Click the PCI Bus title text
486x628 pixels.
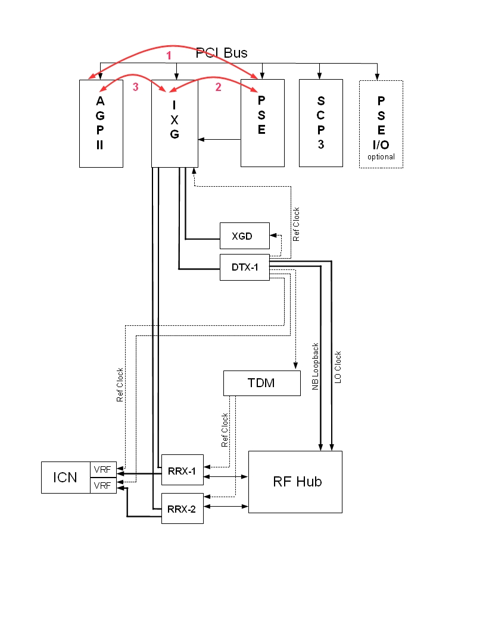click(222, 53)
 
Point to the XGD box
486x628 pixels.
click(244, 237)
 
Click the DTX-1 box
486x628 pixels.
click(244, 267)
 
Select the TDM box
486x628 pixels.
click(261, 383)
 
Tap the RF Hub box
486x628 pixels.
click(295, 482)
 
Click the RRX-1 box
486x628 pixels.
click(182, 469)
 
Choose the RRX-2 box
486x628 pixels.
click(182, 508)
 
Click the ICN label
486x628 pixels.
click(65, 477)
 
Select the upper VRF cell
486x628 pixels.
click(102, 470)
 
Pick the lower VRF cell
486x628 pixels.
click(102, 485)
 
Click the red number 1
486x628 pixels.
click(169, 55)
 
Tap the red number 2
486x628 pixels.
click(218, 87)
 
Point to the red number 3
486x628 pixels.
click(135, 87)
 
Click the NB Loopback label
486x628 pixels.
click(316, 366)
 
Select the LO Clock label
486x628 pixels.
click(338, 367)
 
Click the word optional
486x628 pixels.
click(381, 157)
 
